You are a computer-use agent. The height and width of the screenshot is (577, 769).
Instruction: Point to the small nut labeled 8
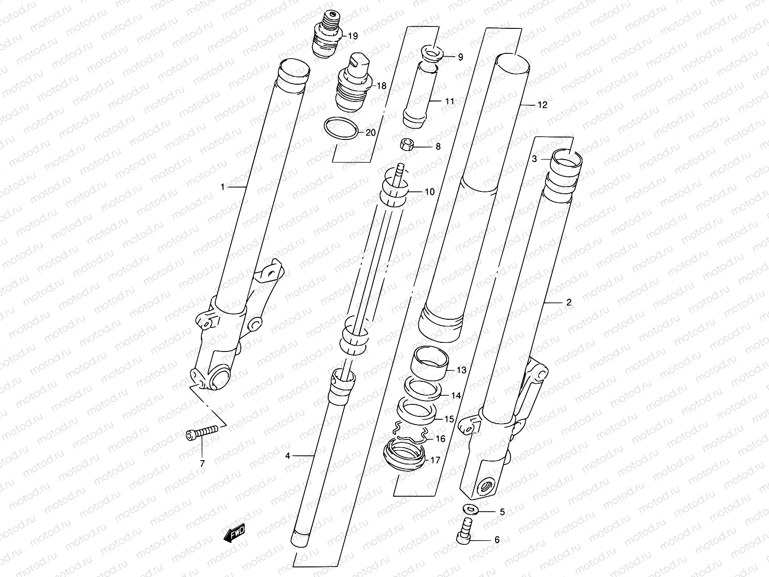point(407,144)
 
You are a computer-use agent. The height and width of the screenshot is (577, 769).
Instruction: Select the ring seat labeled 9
point(431,55)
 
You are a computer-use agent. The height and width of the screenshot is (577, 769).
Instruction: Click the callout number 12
point(542,105)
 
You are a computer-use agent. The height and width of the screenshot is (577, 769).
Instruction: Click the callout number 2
point(569,302)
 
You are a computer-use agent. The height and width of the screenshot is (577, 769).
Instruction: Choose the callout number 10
point(429,192)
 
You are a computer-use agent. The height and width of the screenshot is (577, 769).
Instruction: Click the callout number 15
point(448,419)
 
